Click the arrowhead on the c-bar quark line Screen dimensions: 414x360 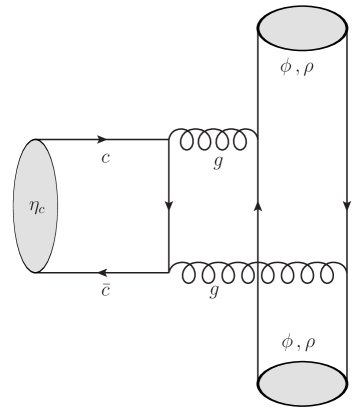[103, 272]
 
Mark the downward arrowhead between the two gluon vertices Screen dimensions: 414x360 [168, 208]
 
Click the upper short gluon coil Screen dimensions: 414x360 [213, 140]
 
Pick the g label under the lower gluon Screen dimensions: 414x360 [213, 292]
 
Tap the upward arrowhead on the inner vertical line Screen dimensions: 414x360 [258, 205]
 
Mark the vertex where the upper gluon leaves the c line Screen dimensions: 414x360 [168, 140]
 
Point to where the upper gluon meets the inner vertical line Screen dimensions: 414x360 [258, 140]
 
